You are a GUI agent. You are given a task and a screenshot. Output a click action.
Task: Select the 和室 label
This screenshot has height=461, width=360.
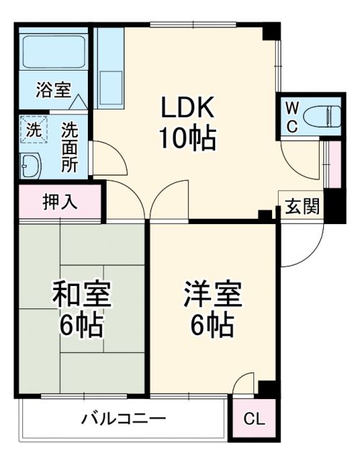[81, 296]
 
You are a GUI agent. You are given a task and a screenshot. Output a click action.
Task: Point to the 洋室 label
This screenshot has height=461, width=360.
[212, 296]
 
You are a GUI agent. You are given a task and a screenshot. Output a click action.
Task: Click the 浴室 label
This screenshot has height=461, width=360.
[54, 91]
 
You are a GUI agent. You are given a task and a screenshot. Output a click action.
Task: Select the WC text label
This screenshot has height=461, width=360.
[292, 115]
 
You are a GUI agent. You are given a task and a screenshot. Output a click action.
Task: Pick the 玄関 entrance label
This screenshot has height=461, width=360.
[301, 206]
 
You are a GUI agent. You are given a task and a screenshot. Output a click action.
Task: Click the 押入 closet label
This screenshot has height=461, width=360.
[60, 202]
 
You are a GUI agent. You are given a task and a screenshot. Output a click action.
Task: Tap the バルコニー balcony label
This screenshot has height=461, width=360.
[123, 419]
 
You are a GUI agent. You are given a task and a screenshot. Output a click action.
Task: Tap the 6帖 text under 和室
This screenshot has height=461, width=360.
[81, 328]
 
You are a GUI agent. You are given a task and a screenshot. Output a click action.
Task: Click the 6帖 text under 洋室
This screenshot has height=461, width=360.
[212, 328]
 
